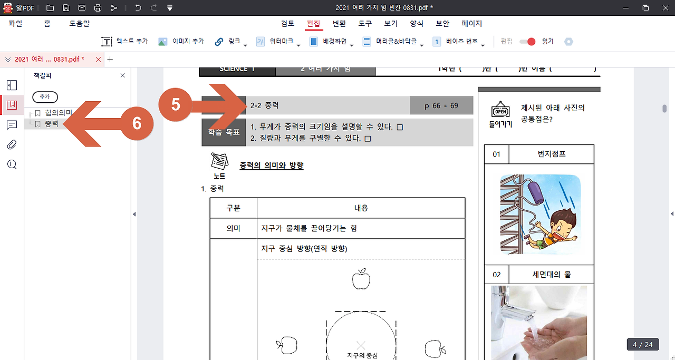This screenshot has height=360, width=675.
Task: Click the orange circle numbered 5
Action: [176, 105]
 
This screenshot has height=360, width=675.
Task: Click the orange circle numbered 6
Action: [137, 123]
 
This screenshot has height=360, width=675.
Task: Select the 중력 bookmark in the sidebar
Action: [52, 124]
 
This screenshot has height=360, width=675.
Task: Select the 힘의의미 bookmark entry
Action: [58, 113]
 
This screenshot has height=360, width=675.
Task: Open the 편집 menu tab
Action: [313, 24]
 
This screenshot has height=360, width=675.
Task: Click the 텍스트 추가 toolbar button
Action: [124, 42]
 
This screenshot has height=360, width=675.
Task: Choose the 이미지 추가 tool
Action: [181, 42]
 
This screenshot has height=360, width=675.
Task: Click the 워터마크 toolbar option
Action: [277, 42]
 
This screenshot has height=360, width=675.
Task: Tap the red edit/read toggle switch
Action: [527, 42]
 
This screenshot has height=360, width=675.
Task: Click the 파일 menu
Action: [15, 24]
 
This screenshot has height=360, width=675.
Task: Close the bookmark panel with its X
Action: [123, 75]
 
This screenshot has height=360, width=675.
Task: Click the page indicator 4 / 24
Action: [642, 345]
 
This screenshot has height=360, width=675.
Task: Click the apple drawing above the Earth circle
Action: [361, 279]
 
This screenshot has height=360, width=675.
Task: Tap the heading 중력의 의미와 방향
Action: [271, 166]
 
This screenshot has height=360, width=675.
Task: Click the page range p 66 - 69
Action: [441, 105]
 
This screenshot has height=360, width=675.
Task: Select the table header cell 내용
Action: [361, 208]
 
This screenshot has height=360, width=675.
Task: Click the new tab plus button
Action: [110, 59]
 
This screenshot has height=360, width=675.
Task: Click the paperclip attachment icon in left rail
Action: [12, 144]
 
